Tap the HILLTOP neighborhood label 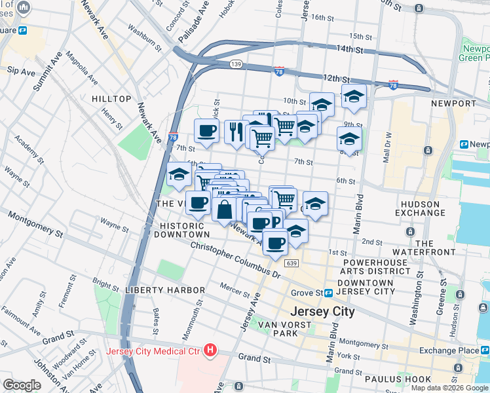pyautogui.click(x=111, y=99)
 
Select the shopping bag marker pyautogui.click(x=224, y=210)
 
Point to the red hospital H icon pyautogui.click(x=210, y=350)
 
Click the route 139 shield pyautogui.click(x=237, y=64)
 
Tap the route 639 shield pyautogui.click(x=292, y=263)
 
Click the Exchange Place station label pyautogui.click(x=451, y=350)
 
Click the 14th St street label pyautogui.click(x=349, y=49)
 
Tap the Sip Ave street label pyautogui.click(x=21, y=71)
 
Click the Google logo pyautogui.click(x=22, y=385)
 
